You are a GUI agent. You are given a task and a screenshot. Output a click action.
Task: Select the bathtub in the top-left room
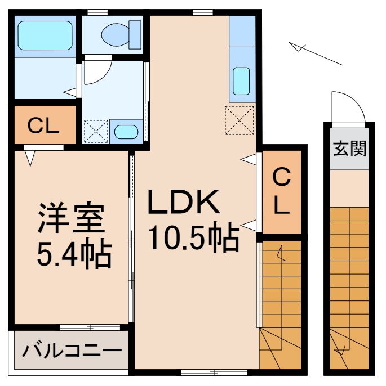pos(45,35)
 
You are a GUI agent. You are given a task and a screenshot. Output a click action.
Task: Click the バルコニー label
pos(72,352)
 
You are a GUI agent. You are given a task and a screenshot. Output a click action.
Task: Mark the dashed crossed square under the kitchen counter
pos(239,120)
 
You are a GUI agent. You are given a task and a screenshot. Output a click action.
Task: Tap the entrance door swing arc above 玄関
pos(344,107)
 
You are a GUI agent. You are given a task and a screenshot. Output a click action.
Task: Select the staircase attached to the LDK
pos(280,304)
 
